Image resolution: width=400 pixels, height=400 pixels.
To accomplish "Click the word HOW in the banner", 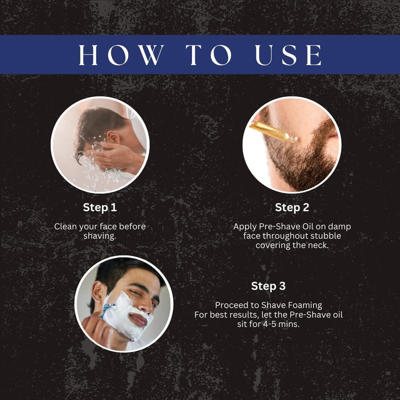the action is [121, 55].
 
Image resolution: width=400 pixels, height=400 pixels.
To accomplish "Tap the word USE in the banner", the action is [288, 55].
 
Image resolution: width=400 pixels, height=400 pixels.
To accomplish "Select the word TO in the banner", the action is [208, 55].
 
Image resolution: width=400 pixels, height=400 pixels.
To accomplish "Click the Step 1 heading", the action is [99, 207].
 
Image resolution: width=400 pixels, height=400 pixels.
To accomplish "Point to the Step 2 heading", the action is [292, 207].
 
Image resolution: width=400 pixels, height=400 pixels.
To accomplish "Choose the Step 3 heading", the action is [268, 286].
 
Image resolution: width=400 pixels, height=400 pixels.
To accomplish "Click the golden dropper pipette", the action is [273, 131].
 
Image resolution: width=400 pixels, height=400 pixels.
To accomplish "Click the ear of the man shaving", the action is [97, 291].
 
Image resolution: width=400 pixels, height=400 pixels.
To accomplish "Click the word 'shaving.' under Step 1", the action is [99, 236].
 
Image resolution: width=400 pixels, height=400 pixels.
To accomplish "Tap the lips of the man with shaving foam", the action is [138, 319].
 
